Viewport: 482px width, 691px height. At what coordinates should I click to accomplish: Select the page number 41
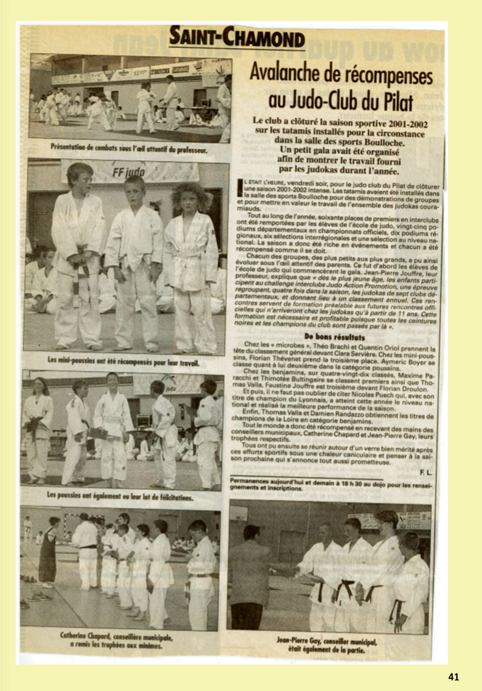point(453,677)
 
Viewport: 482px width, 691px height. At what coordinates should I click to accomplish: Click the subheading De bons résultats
point(334,338)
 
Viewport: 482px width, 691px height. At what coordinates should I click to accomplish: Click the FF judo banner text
point(128,172)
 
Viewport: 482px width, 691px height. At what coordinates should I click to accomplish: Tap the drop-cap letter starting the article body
point(240,188)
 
